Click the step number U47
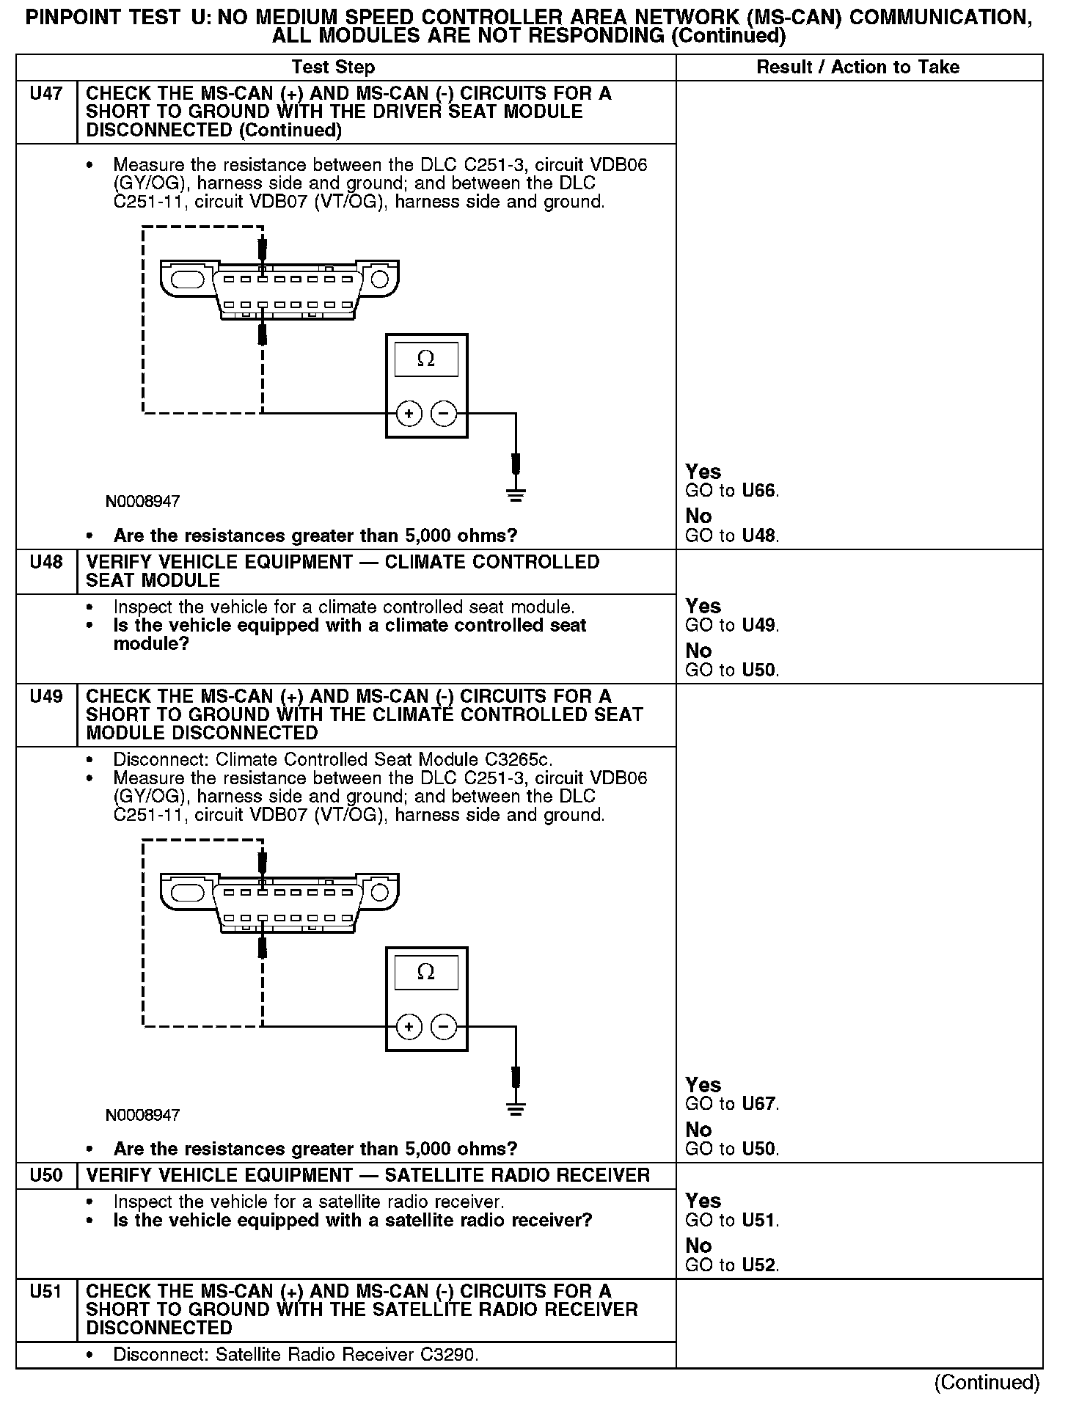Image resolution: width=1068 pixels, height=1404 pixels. pos(45,94)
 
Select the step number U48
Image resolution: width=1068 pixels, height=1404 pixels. pos(45,563)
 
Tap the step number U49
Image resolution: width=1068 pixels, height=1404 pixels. pos(45,697)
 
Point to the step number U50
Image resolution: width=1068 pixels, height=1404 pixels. pos(45,1176)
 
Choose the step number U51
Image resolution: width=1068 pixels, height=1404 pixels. pos(45,1292)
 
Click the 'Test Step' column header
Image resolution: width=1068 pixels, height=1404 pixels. pos(333,67)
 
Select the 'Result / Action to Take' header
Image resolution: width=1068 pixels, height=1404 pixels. pos(857,67)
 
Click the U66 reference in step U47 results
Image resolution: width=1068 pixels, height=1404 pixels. pos(758,491)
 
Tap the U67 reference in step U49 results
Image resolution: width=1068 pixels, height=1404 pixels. pos(758,1104)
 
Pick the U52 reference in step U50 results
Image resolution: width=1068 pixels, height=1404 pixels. pos(758,1265)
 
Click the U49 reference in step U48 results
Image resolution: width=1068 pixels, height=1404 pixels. pos(758,626)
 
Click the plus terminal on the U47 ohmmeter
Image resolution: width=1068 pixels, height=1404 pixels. pos(409,414)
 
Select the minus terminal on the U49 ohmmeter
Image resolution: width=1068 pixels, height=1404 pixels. pos(443,1027)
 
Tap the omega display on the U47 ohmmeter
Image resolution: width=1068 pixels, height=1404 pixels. pos(426,359)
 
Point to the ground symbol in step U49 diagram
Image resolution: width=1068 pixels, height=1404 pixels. pos(516,1108)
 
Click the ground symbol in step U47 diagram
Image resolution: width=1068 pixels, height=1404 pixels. pos(516,494)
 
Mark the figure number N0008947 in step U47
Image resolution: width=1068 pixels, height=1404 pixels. pos(142,502)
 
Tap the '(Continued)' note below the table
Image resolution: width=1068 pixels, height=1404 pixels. pos(987,1382)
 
